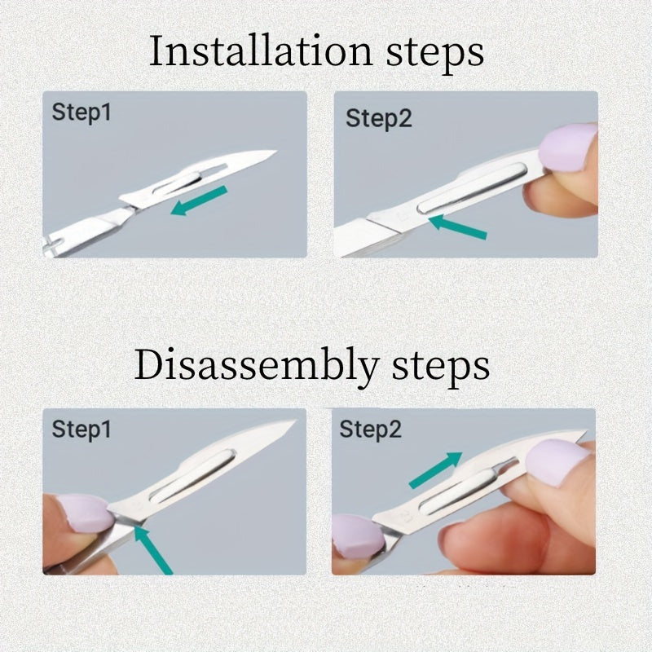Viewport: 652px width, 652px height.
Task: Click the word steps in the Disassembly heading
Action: tap(446, 368)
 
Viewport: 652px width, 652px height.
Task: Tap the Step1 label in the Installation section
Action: tap(81, 112)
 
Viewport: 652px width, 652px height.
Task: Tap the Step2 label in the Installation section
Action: tap(379, 118)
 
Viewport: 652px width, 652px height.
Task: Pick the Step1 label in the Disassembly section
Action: tap(81, 429)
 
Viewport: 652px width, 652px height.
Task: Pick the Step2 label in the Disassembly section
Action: tap(371, 429)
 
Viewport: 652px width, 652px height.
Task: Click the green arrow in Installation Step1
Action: tap(199, 200)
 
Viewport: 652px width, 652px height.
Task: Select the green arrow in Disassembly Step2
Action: tap(435, 470)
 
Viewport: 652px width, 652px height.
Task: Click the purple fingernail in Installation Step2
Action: tap(568, 147)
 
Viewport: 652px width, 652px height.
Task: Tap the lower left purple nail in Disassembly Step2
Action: tap(356, 536)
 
